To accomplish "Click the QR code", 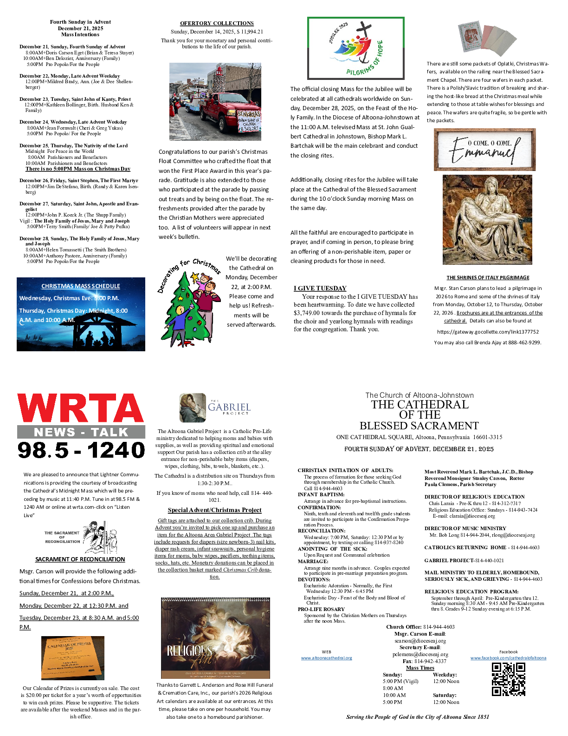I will [x=508, y=679].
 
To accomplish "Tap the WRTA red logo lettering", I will [x=80, y=408].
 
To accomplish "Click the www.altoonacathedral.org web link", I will [x=326, y=658].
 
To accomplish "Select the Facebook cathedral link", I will [x=508, y=658].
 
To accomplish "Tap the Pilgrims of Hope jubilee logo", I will [x=356, y=48].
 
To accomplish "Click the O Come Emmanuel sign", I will [x=484, y=150].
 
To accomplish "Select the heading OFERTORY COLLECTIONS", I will [x=217, y=23].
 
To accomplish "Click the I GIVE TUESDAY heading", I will [x=320, y=288].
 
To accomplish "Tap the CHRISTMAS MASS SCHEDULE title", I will [x=81, y=286].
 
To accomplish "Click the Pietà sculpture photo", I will [x=487, y=219].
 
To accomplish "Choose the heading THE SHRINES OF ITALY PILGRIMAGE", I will [x=488, y=277].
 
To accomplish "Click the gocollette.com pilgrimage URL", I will [x=488, y=332].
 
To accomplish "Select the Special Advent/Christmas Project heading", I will [x=214, y=510].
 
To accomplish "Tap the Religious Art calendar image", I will [x=215, y=638].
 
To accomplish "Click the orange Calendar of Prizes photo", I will [x=73, y=657].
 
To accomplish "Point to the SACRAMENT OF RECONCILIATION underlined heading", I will [x=80, y=559].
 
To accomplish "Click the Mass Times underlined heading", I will [x=420, y=668].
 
